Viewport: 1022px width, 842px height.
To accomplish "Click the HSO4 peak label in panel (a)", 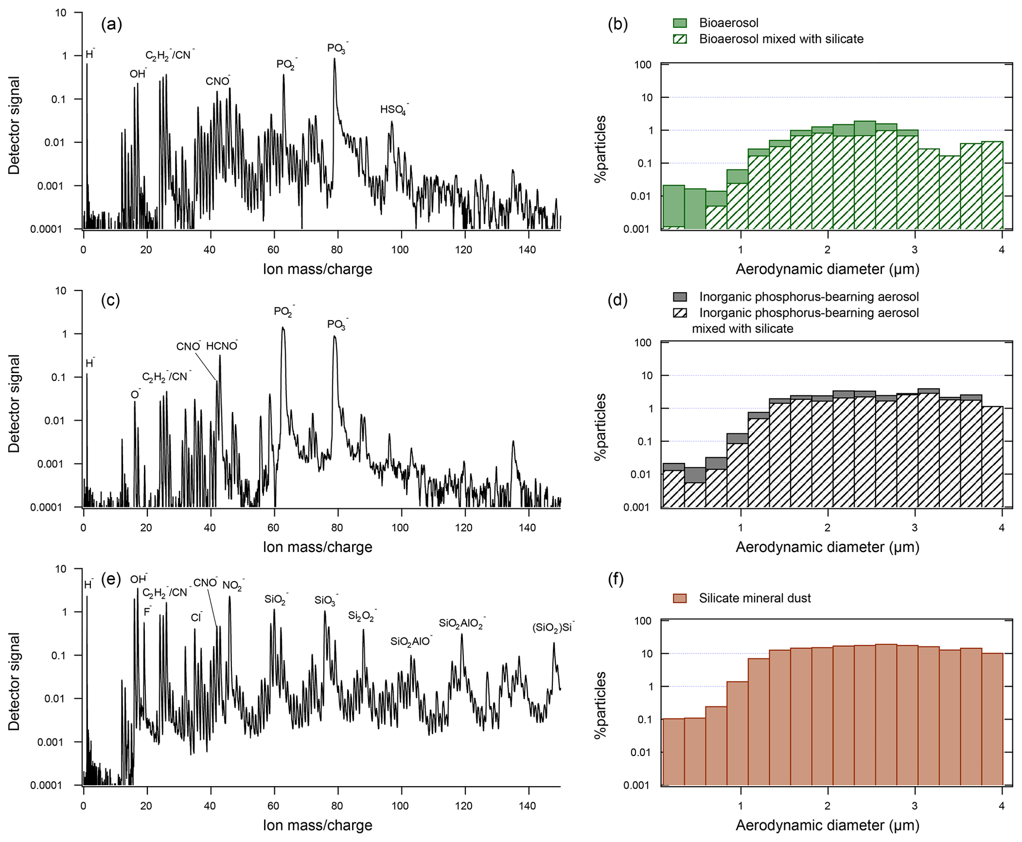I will [394, 110].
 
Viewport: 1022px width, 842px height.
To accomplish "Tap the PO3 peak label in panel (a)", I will [337, 48].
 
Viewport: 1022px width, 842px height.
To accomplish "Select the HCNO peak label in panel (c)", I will [222, 346].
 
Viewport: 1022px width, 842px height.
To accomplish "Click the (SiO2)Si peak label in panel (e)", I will [553, 628].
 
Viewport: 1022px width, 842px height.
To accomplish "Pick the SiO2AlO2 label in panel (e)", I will [462, 624].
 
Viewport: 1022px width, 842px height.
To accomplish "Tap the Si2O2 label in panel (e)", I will [362, 616].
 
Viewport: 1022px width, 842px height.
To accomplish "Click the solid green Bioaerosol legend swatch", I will [680, 23].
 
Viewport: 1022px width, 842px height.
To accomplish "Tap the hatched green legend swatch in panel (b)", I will [680, 39].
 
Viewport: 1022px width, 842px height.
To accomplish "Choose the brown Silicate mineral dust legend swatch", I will [680, 598].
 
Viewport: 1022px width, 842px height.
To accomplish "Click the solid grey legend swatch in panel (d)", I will [680, 297].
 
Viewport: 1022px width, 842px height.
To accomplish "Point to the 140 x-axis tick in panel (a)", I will [528, 250].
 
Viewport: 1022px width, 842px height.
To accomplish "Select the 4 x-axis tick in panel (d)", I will [1002, 528].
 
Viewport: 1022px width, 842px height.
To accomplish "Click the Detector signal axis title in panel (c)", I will [14, 403].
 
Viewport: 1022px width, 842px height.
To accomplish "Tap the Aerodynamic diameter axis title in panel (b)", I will [827, 269].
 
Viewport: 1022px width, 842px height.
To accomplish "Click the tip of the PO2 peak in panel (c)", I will [283, 327].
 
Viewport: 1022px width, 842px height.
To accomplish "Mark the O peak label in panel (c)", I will [135, 394].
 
